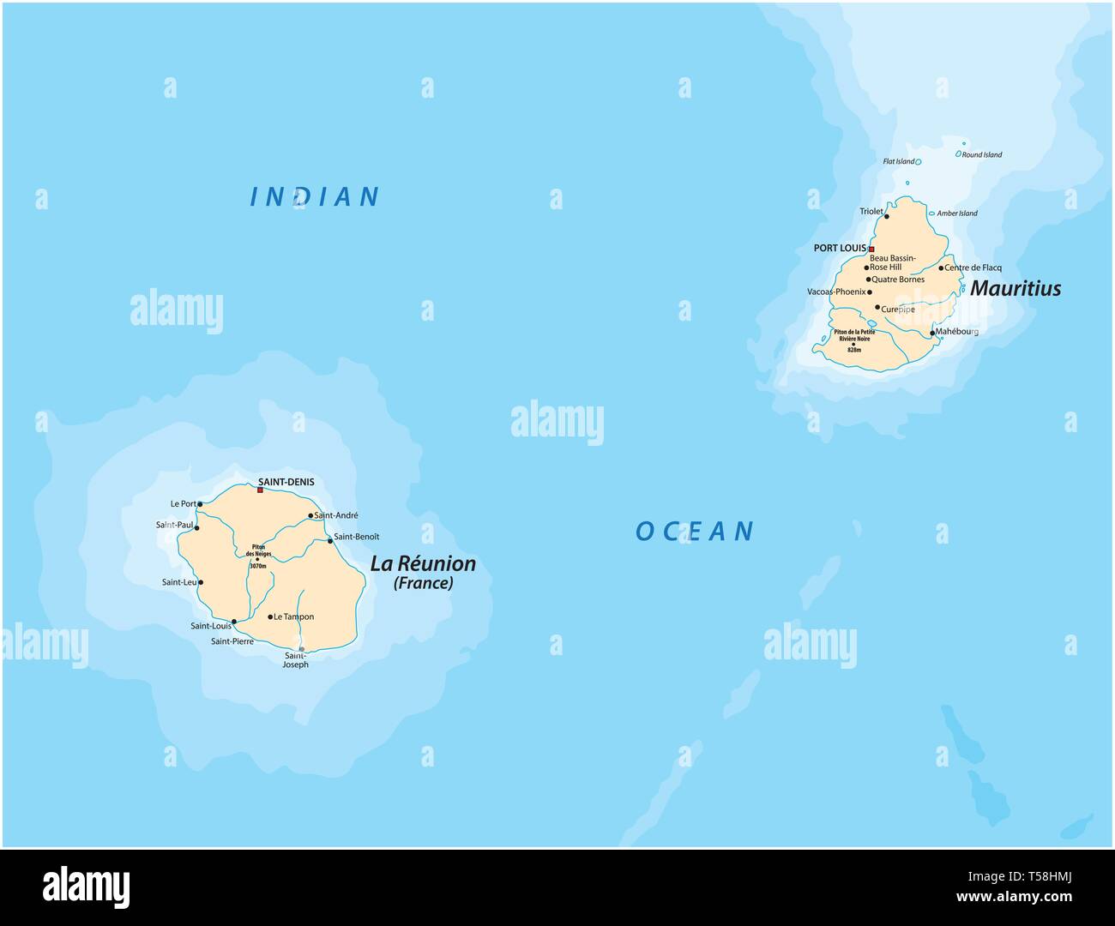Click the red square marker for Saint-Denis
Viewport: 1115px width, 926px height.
point(260,490)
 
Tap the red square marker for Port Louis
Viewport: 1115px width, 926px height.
point(871,249)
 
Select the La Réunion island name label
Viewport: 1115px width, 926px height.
point(423,564)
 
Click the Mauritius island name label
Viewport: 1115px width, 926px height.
point(1016,289)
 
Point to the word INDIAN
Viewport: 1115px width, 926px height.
point(315,197)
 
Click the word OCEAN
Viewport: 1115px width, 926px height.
point(695,532)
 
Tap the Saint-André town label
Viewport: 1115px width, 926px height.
point(336,515)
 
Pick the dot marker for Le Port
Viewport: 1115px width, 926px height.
point(200,504)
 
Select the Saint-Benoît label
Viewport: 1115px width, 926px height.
point(356,537)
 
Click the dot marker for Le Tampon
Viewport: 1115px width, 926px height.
point(270,616)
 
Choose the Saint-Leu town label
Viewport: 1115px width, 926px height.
point(178,582)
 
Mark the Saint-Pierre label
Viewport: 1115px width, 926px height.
point(232,640)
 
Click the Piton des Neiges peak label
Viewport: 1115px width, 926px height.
point(257,550)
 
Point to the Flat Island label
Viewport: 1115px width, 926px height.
point(899,161)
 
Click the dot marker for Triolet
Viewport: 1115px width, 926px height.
point(887,217)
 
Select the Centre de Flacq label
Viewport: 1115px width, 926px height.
point(973,268)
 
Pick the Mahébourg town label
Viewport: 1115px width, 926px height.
point(956,331)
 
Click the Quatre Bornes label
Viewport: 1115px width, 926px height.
point(898,279)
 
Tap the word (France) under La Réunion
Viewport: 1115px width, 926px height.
point(423,584)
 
